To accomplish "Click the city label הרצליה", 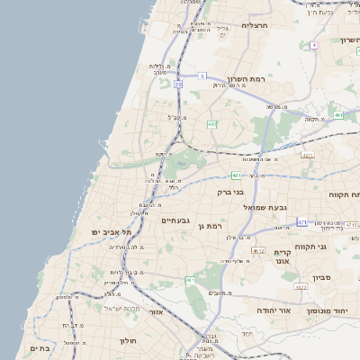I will (x=256, y=26).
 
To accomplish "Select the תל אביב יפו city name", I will (x=111, y=232).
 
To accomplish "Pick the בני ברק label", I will (x=231, y=192).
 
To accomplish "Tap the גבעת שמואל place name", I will (x=265, y=208).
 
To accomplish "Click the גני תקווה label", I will (x=335, y=246).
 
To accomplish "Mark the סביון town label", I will (x=323, y=277).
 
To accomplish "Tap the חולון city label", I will (x=127, y=341).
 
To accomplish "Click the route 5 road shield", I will (x=203, y=76).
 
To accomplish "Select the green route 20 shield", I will (x=178, y=84).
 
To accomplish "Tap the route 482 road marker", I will (x=211, y=124).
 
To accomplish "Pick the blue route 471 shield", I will (x=302, y=221).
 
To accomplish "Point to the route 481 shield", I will (x=236, y=175).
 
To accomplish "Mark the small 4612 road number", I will (x=258, y=251).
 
